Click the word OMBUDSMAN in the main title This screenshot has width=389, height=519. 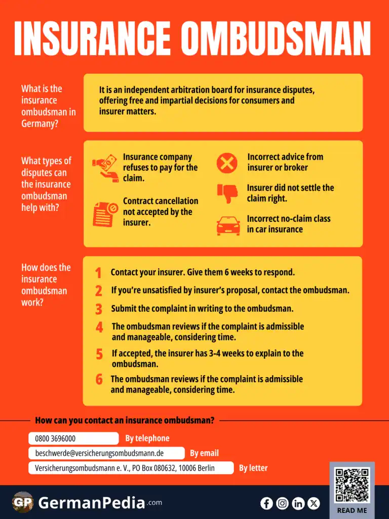click(x=276, y=38)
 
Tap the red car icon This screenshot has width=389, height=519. click(x=228, y=225)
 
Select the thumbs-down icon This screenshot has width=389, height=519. click(x=227, y=193)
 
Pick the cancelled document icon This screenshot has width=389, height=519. click(x=105, y=213)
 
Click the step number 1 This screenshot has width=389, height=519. click(x=98, y=273)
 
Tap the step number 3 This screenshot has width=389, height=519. click(x=99, y=309)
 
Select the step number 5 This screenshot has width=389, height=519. click(x=99, y=354)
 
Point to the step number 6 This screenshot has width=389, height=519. click(x=99, y=379)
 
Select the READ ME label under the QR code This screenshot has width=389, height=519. click(x=352, y=510)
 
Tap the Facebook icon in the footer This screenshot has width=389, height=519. click(x=266, y=503)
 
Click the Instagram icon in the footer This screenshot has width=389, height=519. click(x=283, y=503)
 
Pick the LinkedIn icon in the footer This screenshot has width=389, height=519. click(x=298, y=503)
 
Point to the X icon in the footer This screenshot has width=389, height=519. click(x=314, y=503)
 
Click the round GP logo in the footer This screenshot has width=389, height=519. click(x=23, y=502)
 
